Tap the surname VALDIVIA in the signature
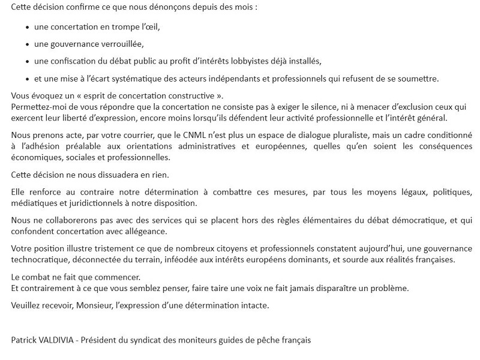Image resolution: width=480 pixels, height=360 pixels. tap(60, 340)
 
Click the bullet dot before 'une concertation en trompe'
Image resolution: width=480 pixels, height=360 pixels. tap(28, 28)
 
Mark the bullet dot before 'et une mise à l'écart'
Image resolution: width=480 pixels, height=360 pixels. tap(28, 79)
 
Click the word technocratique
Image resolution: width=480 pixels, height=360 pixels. tap(40, 260)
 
